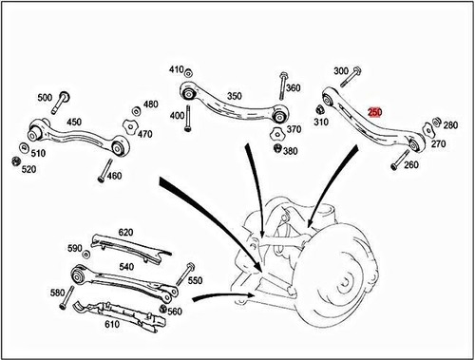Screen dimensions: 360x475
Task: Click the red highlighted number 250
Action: click(375, 112)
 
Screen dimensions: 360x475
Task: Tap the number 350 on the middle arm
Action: click(234, 96)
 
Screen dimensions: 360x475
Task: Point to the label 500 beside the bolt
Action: click(45, 98)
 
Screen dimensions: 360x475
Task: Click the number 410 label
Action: click(177, 70)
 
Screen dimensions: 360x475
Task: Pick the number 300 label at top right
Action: click(342, 71)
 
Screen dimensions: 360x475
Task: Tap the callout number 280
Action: click(450, 125)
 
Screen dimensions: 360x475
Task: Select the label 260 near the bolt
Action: click(411, 165)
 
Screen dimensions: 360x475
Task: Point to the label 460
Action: click(114, 176)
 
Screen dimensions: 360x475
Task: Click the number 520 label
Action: click(28, 170)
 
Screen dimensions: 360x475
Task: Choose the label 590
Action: click(74, 248)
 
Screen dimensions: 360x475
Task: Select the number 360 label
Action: click(293, 88)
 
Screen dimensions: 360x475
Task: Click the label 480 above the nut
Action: click(150, 104)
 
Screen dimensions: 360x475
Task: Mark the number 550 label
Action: click(196, 282)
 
